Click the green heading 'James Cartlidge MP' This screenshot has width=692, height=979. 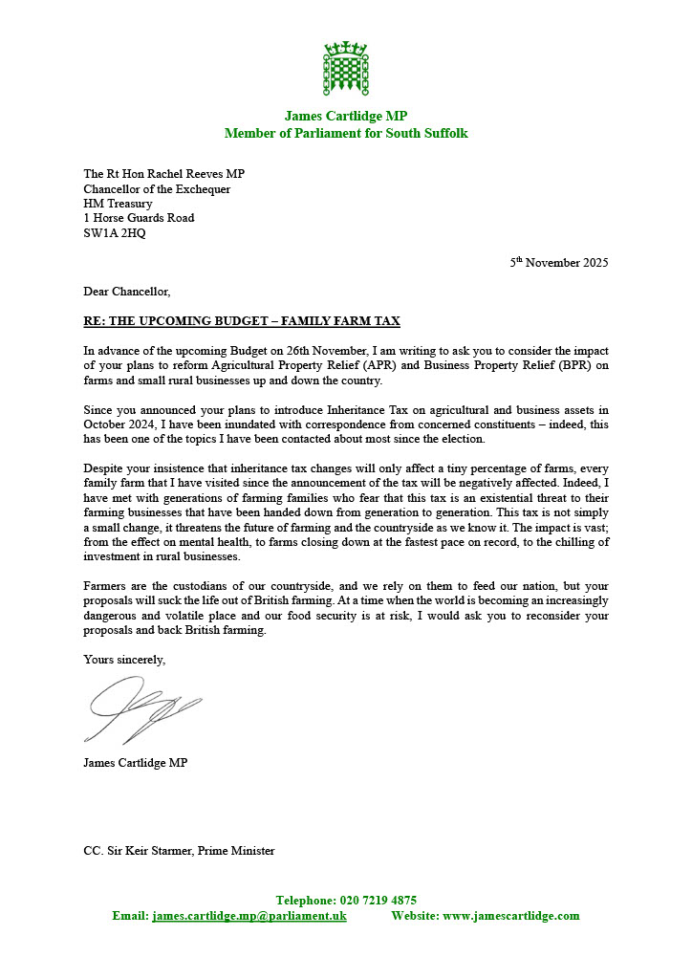point(346,116)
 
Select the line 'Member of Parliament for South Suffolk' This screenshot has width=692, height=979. point(346,133)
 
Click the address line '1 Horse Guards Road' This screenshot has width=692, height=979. point(139,217)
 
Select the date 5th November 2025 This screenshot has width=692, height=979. point(558,262)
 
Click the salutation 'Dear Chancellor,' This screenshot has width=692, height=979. point(127,292)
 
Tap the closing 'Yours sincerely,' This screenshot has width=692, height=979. point(124,659)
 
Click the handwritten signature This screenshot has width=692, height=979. point(143,710)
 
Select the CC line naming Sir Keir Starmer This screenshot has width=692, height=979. point(179,850)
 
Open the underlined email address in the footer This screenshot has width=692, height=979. point(249,916)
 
